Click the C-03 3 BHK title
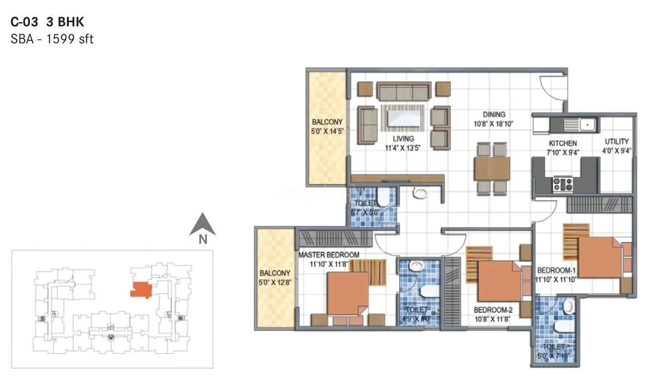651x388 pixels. pyautogui.click(x=47, y=22)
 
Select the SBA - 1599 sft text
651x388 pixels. pyautogui.click(x=52, y=39)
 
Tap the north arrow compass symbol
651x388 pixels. pyautogui.click(x=202, y=225)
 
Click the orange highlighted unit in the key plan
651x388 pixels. pyautogui.click(x=141, y=289)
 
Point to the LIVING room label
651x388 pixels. pyautogui.click(x=403, y=139)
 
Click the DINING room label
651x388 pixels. pyautogui.click(x=494, y=115)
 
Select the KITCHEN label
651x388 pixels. pyautogui.click(x=562, y=143)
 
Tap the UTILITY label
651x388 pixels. pyautogui.click(x=617, y=142)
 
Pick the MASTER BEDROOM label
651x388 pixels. pyautogui.click(x=329, y=255)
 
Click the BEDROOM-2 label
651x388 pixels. pyautogui.click(x=493, y=310)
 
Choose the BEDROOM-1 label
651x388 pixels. pyautogui.click(x=556, y=271)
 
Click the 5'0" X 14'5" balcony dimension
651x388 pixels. pyautogui.click(x=327, y=131)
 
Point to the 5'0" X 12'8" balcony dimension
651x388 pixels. pyautogui.click(x=275, y=283)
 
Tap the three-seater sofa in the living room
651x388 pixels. pyautogui.click(x=404, y=92)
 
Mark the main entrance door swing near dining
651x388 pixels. pyautogui.click(x=552, y=86)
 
